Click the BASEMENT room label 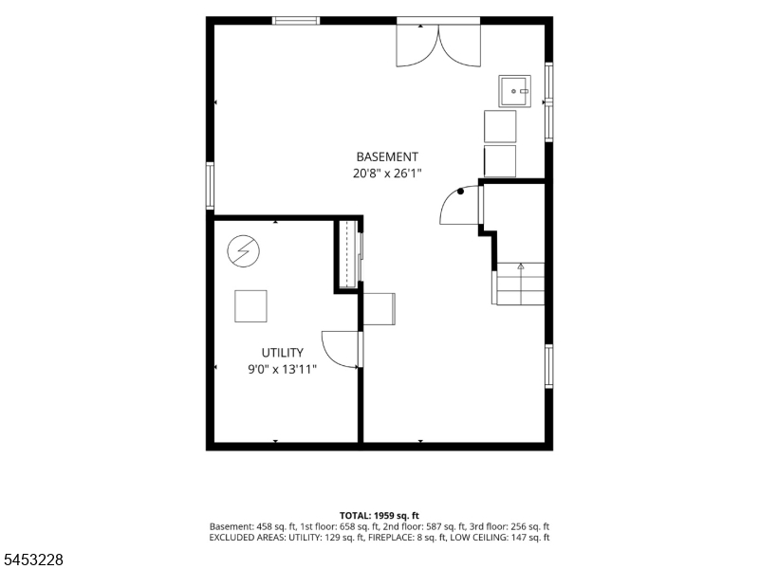pos(387,156)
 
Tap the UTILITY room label pos(282,353)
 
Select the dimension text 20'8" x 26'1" pos(387,174)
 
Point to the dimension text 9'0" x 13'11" pos(282,370)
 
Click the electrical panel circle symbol pos(244,251)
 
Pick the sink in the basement pos(514,91)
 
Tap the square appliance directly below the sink pos(500,126)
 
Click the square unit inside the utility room pos(250,306)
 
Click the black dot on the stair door pos(460,192)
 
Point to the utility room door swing pos(341,350)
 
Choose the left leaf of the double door pos(417,46)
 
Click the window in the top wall pos(296,20)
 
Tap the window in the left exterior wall pos(210,186)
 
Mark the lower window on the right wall pos(549,366)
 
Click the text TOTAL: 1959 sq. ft pos(379,516)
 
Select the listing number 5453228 pos(32,560)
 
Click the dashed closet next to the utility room pos(348,254)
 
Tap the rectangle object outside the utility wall pos(379,309)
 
